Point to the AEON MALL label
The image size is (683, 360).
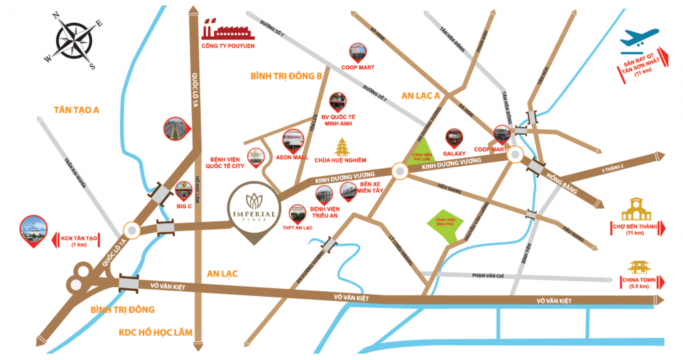[x=291, y=158]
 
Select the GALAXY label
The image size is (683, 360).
[x=455, y=153]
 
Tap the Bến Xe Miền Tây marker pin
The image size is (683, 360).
[x=348, y=191]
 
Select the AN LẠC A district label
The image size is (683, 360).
[x=420, y=96]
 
